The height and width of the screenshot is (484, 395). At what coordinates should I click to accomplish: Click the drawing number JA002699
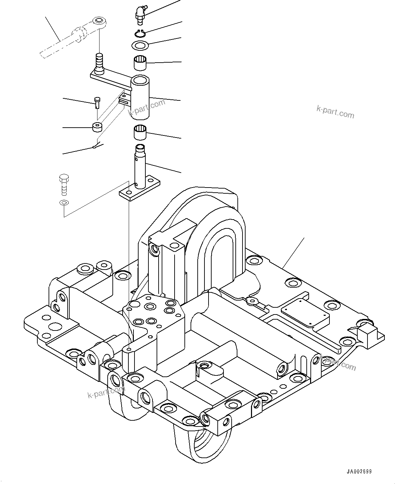point(359,471)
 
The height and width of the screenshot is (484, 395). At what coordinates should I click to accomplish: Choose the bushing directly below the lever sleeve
point(141,132)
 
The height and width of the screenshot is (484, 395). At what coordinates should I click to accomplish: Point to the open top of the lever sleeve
point(140,81)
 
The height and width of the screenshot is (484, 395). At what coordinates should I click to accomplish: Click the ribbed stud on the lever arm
point(99,62)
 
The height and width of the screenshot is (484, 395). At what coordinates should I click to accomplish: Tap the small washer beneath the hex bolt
point(64,203)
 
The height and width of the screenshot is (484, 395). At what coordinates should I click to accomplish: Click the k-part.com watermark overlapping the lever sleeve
point(146,107)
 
